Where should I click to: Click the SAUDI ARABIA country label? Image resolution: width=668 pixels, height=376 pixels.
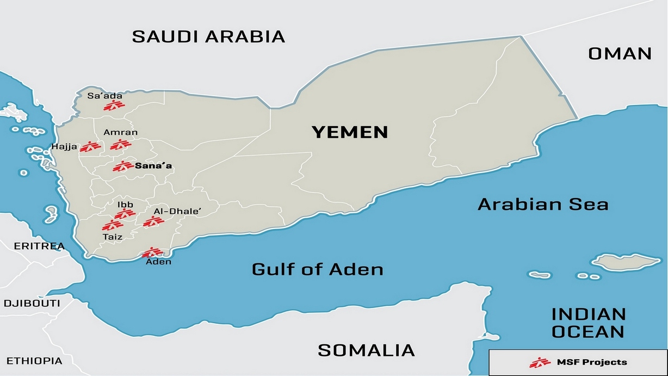(208, 36)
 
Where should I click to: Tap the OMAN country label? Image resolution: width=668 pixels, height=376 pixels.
(620, 53)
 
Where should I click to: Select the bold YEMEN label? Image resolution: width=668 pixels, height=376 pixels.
(349, 132)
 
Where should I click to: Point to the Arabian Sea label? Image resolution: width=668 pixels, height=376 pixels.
(542, 205)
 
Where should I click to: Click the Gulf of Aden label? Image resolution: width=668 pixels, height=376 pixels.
(317, 269)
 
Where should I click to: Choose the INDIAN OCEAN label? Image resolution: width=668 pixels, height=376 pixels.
(588, 323)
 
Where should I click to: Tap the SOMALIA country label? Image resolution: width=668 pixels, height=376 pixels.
(366, 350)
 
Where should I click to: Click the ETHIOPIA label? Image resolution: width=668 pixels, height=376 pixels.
(34, 361)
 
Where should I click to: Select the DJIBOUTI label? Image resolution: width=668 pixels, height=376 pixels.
(32, 303)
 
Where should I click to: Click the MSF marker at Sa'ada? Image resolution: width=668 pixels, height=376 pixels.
(114, 106)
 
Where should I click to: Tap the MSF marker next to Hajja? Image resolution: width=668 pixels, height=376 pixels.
(90, 146)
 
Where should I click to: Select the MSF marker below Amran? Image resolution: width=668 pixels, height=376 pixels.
(120, 145)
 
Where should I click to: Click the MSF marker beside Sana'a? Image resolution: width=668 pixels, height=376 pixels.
(123, 167)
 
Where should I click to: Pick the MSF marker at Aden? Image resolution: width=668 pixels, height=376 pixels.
(152, 252)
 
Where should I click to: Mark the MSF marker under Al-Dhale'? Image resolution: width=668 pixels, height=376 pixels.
(153, 221)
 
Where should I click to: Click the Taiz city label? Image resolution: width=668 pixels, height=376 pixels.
(112, 237)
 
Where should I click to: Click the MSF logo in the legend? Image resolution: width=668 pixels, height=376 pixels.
(540, 362)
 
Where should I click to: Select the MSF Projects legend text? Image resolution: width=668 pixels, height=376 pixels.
(591, 362)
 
